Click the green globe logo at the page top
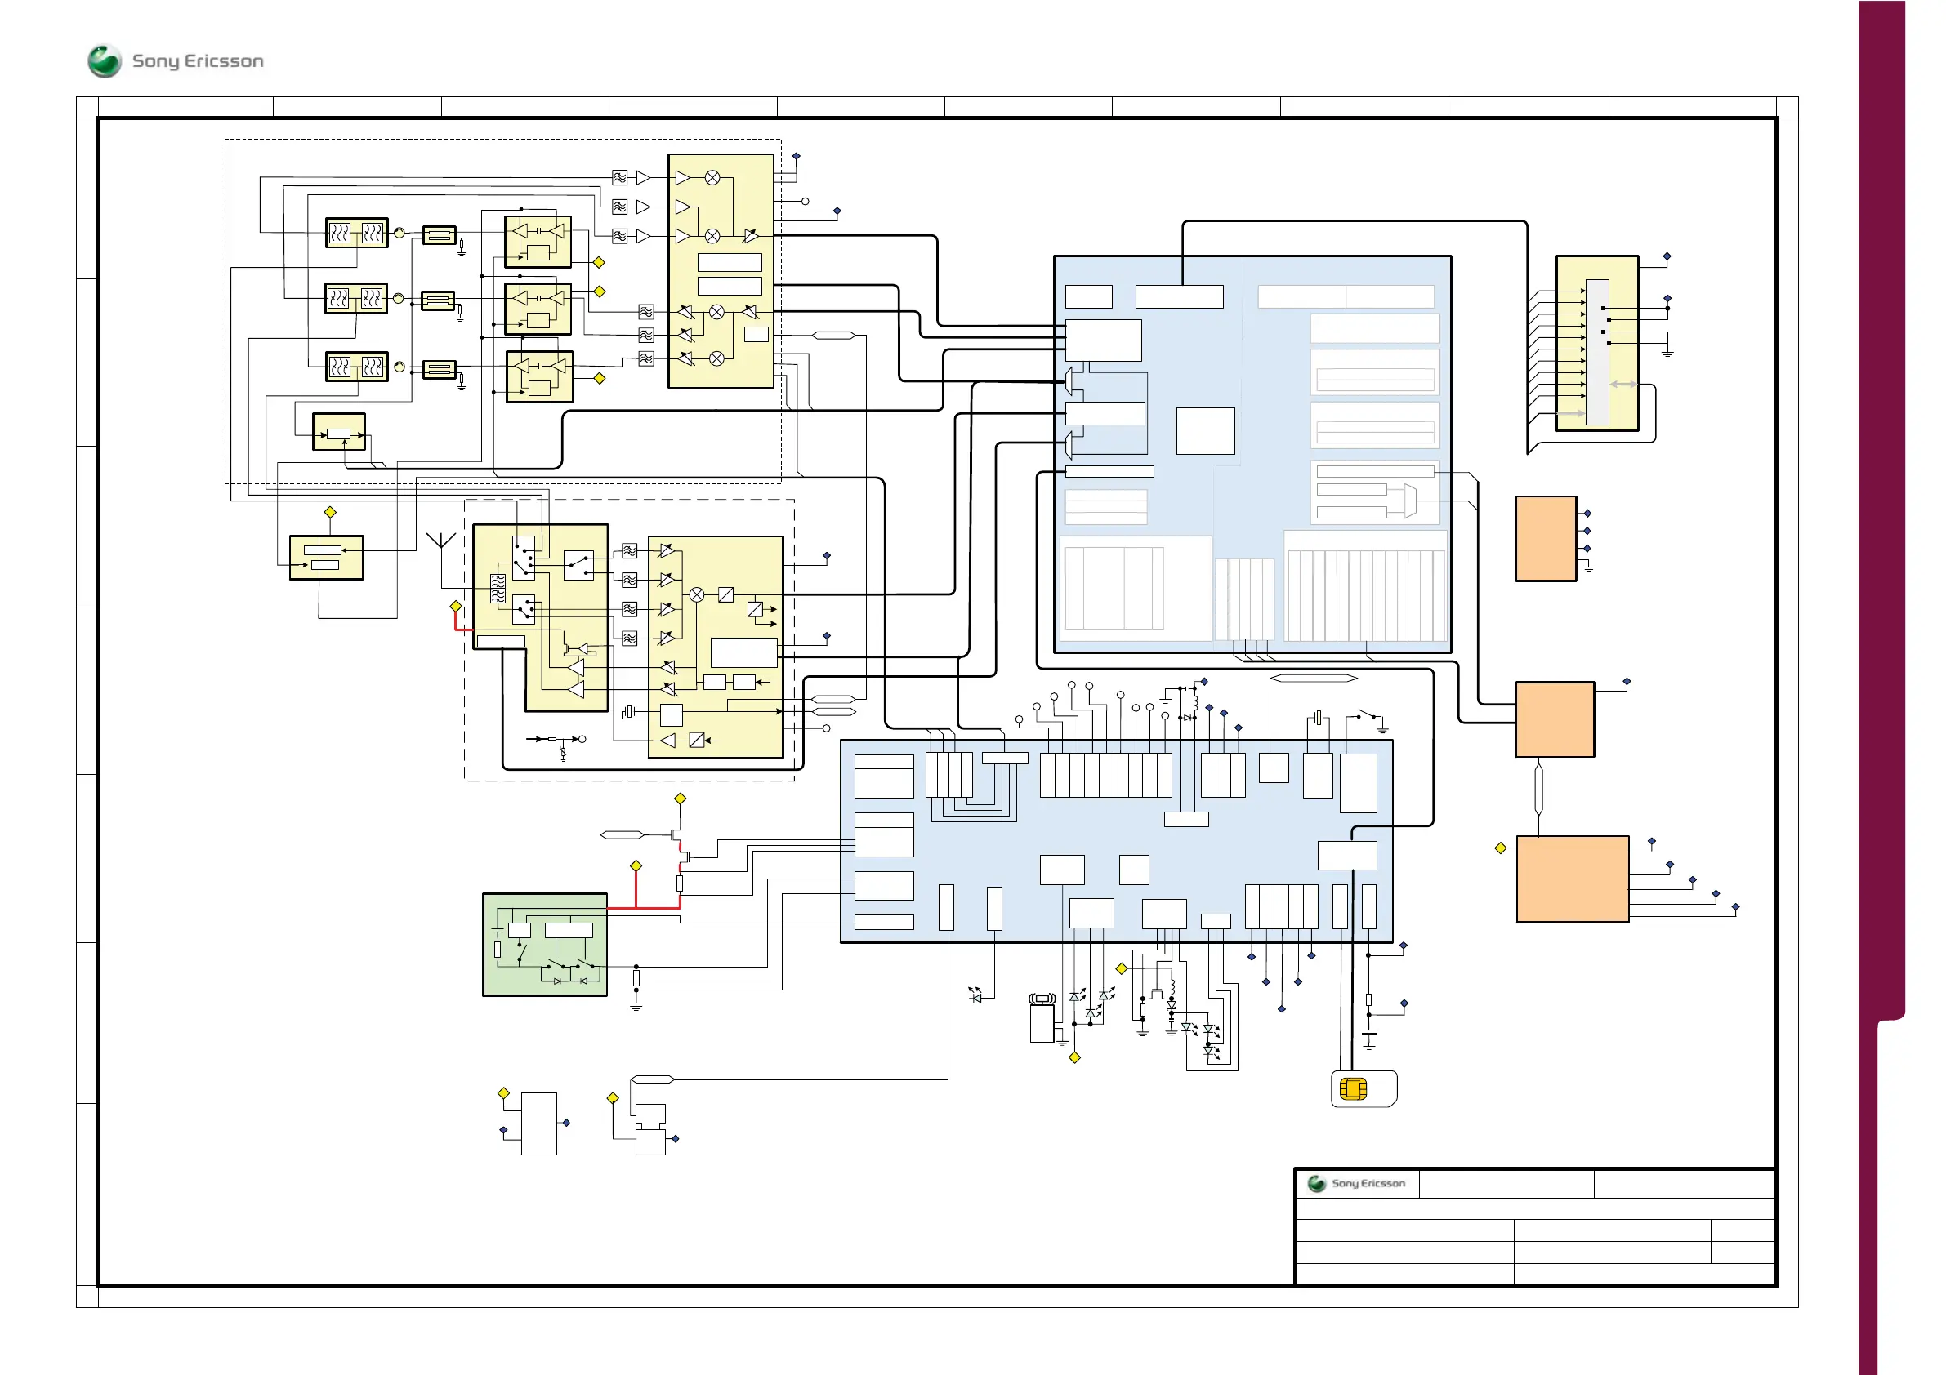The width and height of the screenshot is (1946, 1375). point(105,61)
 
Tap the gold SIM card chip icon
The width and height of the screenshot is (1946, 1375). point(1353,1088)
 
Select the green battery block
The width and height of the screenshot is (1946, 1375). point(545,945)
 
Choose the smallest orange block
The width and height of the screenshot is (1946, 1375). point(1546,539)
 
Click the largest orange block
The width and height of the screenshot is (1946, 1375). point(1572,879)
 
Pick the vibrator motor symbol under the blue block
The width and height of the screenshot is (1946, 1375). point(1042,1018)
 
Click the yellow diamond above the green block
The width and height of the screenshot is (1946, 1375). point(636,865)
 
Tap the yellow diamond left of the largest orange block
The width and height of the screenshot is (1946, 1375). point(1500,848)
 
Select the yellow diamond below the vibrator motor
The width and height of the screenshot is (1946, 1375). point(1074,1057)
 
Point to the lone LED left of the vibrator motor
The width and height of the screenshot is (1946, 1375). point(975,995)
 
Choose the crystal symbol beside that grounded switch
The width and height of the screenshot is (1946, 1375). point(1318,719)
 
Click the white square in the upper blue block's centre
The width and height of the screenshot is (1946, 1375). point(1204,431)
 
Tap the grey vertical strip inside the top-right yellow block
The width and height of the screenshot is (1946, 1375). point(1597,352)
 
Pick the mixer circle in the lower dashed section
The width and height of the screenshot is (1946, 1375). point(697,594)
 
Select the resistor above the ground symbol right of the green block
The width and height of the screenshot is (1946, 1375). point(636,979)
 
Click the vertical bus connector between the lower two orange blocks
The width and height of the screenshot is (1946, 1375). point(1538,790)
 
